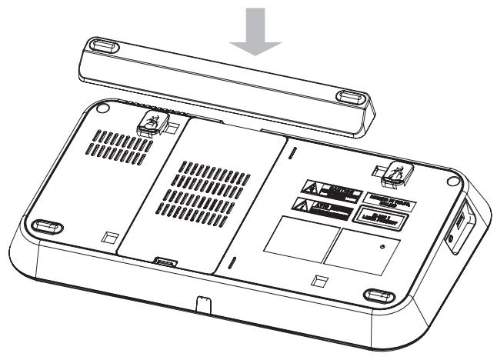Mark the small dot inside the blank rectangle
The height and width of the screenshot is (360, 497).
coord(382,247)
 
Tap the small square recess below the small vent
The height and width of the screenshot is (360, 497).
coord(111,234)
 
